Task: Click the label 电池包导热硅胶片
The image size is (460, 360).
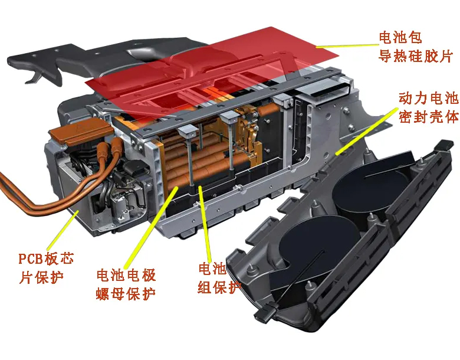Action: point(416,47)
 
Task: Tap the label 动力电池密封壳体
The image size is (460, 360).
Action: point(429,107)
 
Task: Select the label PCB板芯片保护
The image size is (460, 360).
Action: point(46,268)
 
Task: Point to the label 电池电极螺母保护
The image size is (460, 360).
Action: point(126,284)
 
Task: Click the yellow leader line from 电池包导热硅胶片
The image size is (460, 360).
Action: point(347,45)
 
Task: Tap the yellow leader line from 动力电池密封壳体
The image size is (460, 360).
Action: point(367,131)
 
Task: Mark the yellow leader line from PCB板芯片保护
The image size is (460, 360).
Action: point(63,230)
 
